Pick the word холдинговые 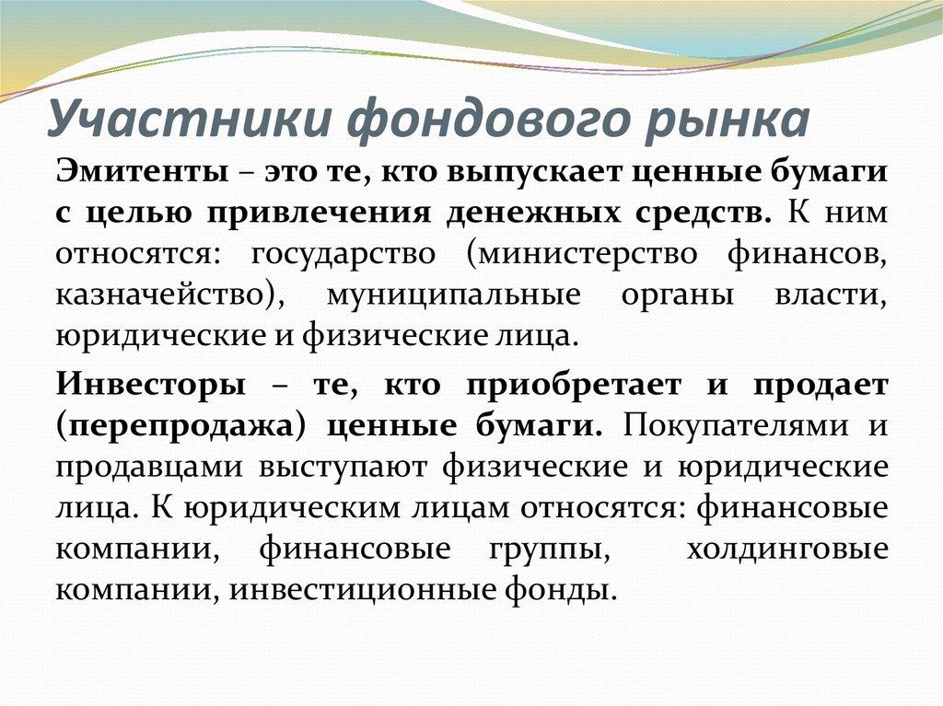tap(787, 550)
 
